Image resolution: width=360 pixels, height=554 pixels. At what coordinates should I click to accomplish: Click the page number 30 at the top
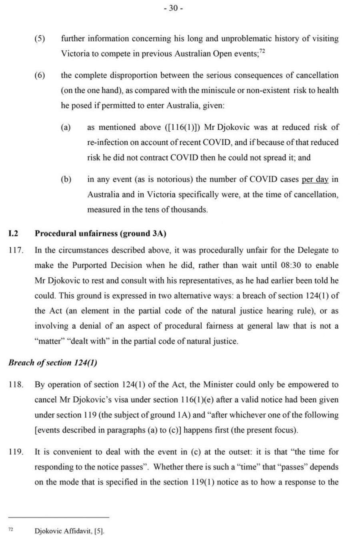173,8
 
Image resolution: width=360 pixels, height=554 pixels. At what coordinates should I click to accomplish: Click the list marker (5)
40,39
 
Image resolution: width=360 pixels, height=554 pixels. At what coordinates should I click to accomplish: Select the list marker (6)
40,75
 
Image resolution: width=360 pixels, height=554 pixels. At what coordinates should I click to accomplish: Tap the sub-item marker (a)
66,127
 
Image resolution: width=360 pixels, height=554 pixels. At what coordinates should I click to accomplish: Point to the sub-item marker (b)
66,179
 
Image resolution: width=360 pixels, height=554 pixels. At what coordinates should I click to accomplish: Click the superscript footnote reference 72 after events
262,51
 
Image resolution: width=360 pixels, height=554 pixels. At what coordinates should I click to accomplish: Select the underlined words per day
315,179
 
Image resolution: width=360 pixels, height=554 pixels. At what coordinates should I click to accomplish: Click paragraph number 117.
16,251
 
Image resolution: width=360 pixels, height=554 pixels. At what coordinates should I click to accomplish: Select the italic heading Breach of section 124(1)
52,363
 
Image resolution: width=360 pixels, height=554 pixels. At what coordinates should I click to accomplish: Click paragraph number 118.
16,385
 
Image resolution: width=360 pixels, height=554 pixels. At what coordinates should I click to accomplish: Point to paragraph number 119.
16,452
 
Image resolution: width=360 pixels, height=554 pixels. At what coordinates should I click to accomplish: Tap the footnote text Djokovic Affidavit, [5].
69,532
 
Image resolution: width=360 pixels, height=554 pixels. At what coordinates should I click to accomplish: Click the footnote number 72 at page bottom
11,530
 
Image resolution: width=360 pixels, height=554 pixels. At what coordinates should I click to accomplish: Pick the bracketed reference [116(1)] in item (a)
182,127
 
